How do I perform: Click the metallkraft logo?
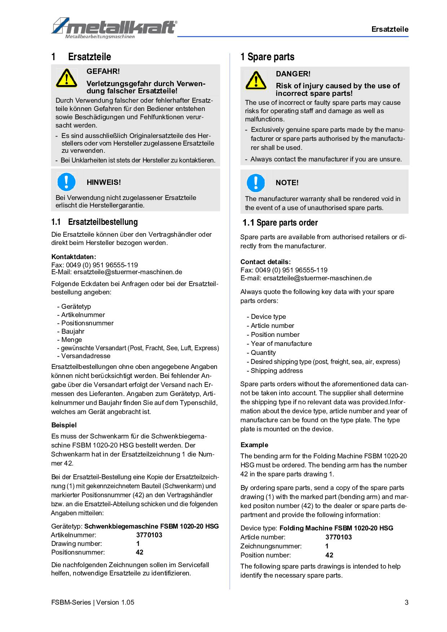point(114,28)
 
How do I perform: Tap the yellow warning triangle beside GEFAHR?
point(66,78)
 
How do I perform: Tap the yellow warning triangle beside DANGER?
point(256,80)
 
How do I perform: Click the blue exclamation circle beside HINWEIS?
point(66,182)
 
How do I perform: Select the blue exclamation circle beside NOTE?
point(256,183)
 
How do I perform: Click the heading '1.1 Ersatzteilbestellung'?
point(94,222)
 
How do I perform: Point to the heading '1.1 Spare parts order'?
point(280,223)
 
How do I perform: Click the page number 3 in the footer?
point(407,602)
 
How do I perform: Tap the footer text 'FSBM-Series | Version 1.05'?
point(93,602)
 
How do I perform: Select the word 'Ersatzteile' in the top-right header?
point(390,30)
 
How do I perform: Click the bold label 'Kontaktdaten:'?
point(74,257)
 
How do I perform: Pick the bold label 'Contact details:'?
point(265,262)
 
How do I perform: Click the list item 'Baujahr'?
point(72,331)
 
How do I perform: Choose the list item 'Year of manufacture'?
point(281,344)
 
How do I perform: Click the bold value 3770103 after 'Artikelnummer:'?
point(149,535)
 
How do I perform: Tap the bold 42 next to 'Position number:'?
point(329,555)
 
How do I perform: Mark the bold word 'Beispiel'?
point(64,425)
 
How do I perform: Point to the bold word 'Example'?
point(254,445)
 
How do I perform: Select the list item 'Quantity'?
point(263,353)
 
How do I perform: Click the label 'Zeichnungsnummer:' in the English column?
point(271,546)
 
